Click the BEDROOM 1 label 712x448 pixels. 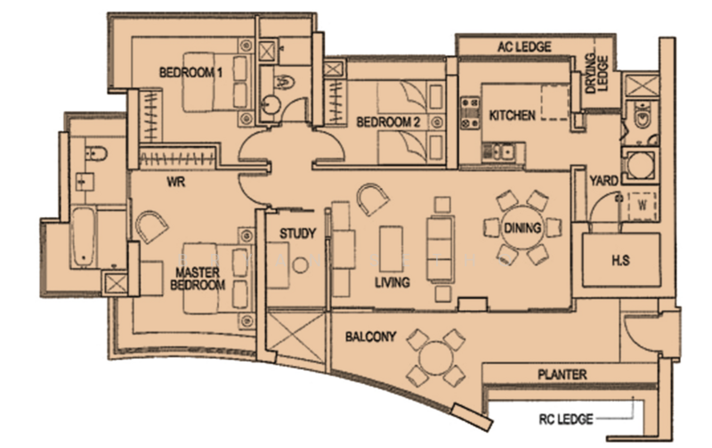[190, 72]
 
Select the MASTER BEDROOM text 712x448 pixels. [199, 278]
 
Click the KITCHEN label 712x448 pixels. [512, 116]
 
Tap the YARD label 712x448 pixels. [604, 182]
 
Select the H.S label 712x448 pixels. [621, 261]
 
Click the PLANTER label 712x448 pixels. [562, 375]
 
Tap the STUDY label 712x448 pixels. [297, 234]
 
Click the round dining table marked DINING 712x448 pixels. [522, 228]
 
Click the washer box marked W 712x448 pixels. [641, 204]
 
